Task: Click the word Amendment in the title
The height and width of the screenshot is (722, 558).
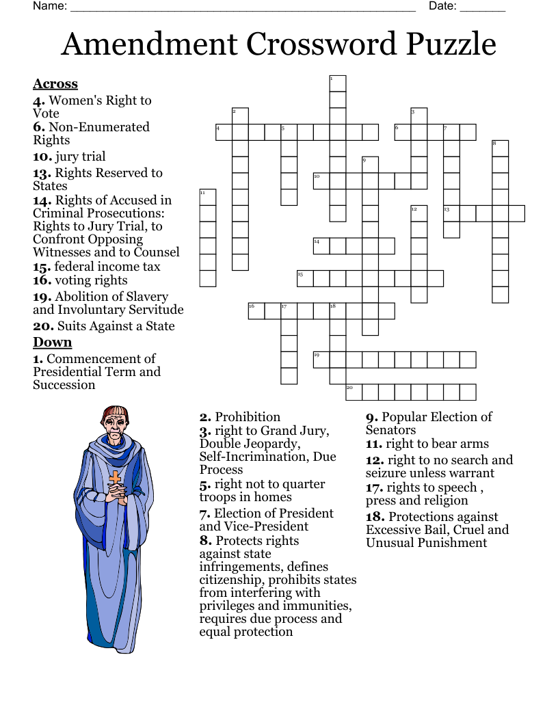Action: coord(149,44)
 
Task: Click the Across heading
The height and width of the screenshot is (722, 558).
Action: coord(55,84)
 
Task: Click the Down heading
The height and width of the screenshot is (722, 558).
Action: coord(53,343)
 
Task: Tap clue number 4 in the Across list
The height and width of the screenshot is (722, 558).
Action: coord(39,101)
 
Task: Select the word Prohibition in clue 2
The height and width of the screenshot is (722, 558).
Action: coord(248,417)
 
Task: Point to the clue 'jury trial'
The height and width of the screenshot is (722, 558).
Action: coord(80,157)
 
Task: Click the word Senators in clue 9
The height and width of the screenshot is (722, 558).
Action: coord(390,430)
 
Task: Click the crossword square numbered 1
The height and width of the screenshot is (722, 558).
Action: coord(338,83)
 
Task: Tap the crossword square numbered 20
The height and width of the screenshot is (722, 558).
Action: coord(354,392)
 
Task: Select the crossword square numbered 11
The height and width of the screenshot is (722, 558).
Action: coord(208,198)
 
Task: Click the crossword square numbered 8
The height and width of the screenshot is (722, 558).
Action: coord(501,148)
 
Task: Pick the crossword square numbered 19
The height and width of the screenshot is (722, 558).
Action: coord(321,359)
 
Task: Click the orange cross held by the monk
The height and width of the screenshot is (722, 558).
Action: coord(116,478)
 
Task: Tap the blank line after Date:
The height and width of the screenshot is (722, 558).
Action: coord(483,8)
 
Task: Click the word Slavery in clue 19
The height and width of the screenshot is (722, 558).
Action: coord(145,297)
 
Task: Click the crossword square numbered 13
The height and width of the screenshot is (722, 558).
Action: coord(451,213)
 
